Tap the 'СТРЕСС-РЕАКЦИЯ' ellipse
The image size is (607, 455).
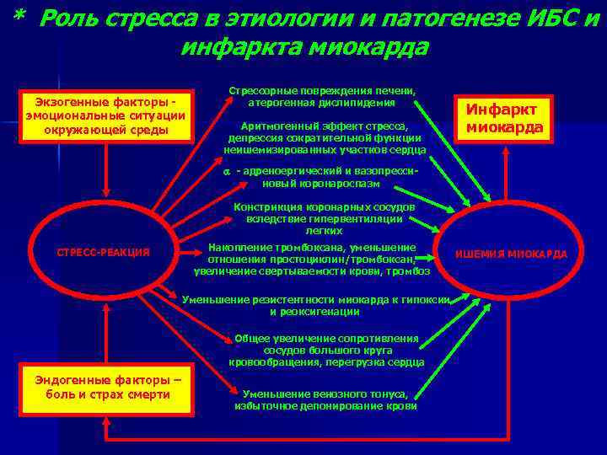click(x=102, y=253)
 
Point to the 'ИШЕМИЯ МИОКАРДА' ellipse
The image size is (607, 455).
click(x=511, y=254)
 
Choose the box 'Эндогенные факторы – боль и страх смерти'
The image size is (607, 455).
click(x=108, y=387)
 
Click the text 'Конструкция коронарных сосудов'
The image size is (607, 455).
click(x=325, y=206)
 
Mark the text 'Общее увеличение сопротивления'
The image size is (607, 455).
click(x=325, y=338)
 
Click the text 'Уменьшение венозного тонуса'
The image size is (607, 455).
click(x=325, y=394)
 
